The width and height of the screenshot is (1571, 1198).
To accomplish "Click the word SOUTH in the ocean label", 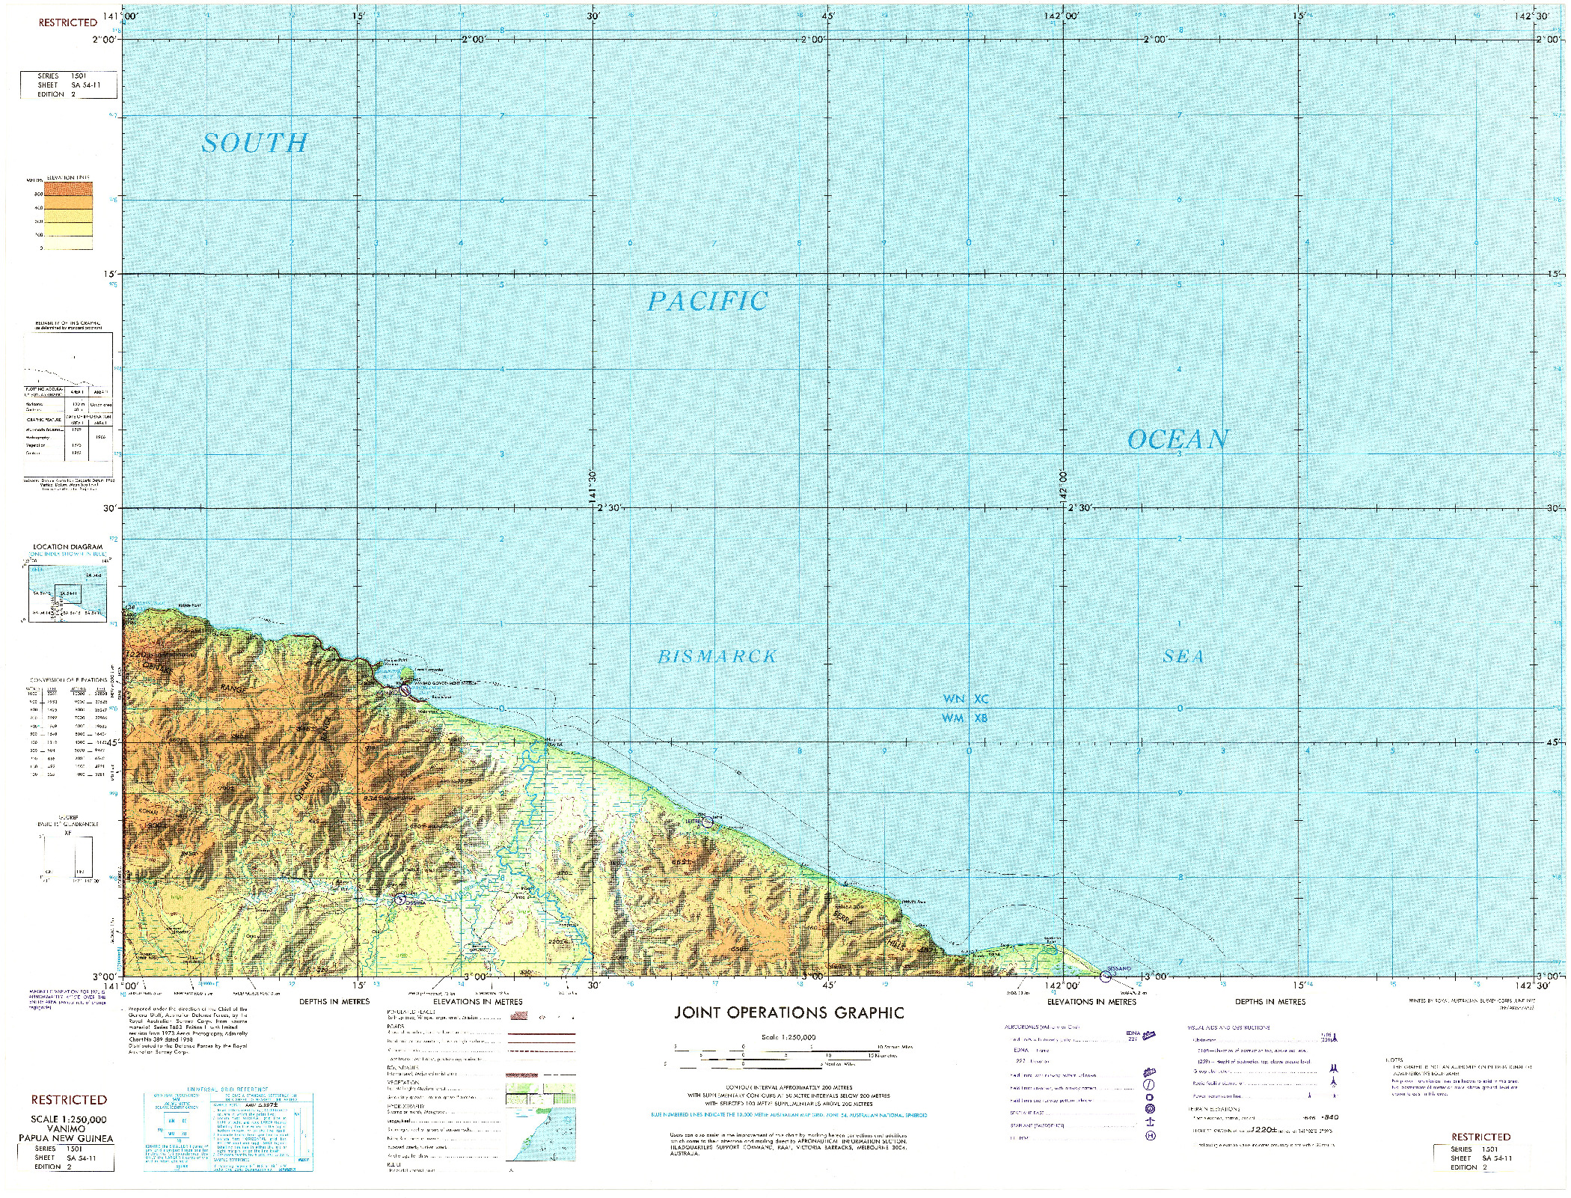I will click(254, 143).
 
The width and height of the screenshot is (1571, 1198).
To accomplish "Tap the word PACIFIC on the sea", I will click(707, 302).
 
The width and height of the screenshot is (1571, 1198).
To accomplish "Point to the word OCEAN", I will click(1178, 439).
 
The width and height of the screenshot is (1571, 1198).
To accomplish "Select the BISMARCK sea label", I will click(717, 657).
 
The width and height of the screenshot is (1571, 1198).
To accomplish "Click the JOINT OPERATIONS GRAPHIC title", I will click(789, 1013).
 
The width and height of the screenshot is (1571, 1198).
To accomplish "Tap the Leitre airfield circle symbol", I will click(708, 822).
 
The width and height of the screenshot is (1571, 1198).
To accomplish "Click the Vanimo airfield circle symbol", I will click(405, 690).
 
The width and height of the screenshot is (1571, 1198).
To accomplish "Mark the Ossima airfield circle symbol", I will click(401, 899).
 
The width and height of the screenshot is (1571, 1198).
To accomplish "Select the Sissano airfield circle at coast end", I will click(1106, 977).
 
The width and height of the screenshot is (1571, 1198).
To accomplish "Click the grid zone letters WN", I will click(953, 699).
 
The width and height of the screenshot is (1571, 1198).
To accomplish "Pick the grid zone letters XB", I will click(981, 718).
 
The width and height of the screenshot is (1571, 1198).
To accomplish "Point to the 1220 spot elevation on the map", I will click(137, 655).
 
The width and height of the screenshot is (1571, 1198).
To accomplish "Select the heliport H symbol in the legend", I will click(1151, 1136).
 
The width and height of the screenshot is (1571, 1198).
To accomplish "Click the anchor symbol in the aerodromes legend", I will click(1151, 1122).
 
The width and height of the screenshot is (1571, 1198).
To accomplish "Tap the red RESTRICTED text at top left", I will click(67, 22).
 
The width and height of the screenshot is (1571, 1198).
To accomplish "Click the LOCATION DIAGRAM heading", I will click(67, 547).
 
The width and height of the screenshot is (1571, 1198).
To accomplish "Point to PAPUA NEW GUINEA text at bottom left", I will click(67, 1139).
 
